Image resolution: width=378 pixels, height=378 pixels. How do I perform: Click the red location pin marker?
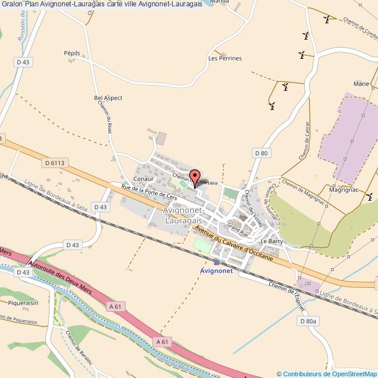point(195,177)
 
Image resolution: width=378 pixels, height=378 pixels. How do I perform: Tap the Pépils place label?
point(72,53)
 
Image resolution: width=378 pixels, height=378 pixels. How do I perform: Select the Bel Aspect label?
point(108,98)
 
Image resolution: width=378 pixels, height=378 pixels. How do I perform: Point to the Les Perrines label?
point(224,59)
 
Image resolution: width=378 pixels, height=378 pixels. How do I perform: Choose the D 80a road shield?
point(308,321)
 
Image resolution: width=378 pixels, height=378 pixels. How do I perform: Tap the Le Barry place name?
point(271,241)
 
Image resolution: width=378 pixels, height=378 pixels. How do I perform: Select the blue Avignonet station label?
point(216,271)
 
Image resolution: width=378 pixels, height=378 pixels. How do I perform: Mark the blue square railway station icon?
point(216,262)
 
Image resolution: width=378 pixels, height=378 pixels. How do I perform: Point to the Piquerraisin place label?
point(23,302)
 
